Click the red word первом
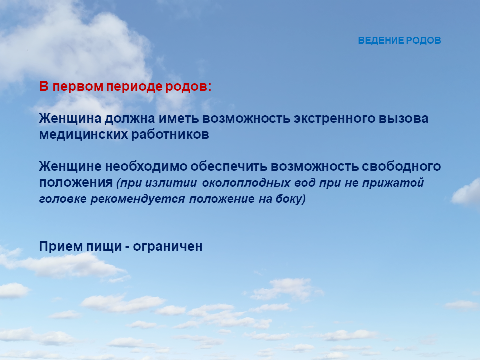[x=78, y=87]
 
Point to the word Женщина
[x=70, y=119]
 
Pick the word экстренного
[x=334, y=119]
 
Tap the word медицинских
[x=83, y=135]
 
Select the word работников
[x=170, y=135]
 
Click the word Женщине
[x=70, y=167]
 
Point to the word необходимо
[x=146, y=167]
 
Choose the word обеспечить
[x=229, y=167]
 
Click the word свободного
[x=401, y=167]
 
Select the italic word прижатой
[x=393, y=183]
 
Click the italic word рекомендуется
[x=138, y=199]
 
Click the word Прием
[x=61, y=246]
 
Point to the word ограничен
[x=168, y=246]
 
